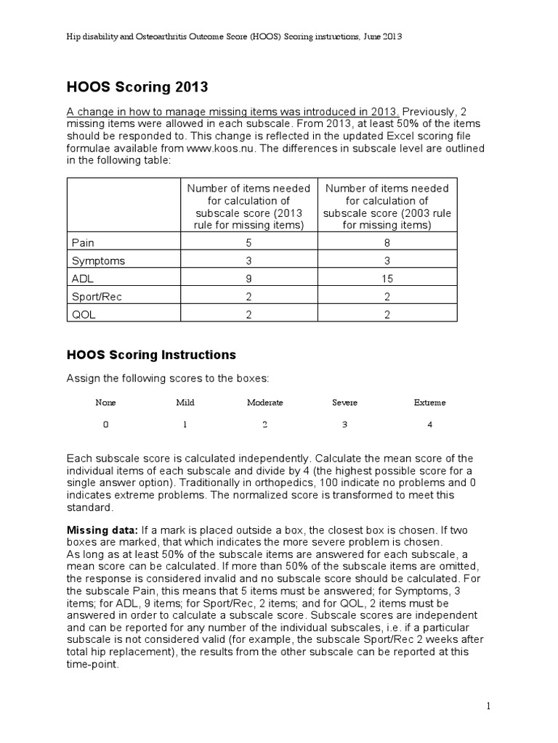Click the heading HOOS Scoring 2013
coord(137,88)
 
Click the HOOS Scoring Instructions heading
coord(151,355)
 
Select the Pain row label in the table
coord(83,242)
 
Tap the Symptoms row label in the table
coord(98,260)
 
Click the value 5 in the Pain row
coord(248,243)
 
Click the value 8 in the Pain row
coord(387,243)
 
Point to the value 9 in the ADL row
coord(248,279)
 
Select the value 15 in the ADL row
coord(387,279)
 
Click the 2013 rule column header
coord(248,207)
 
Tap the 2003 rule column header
coord(387,207)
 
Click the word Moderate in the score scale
coord(264,402)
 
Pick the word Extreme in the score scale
coord(429,402)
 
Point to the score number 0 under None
coord(105,425)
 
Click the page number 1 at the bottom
coord(490,705)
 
